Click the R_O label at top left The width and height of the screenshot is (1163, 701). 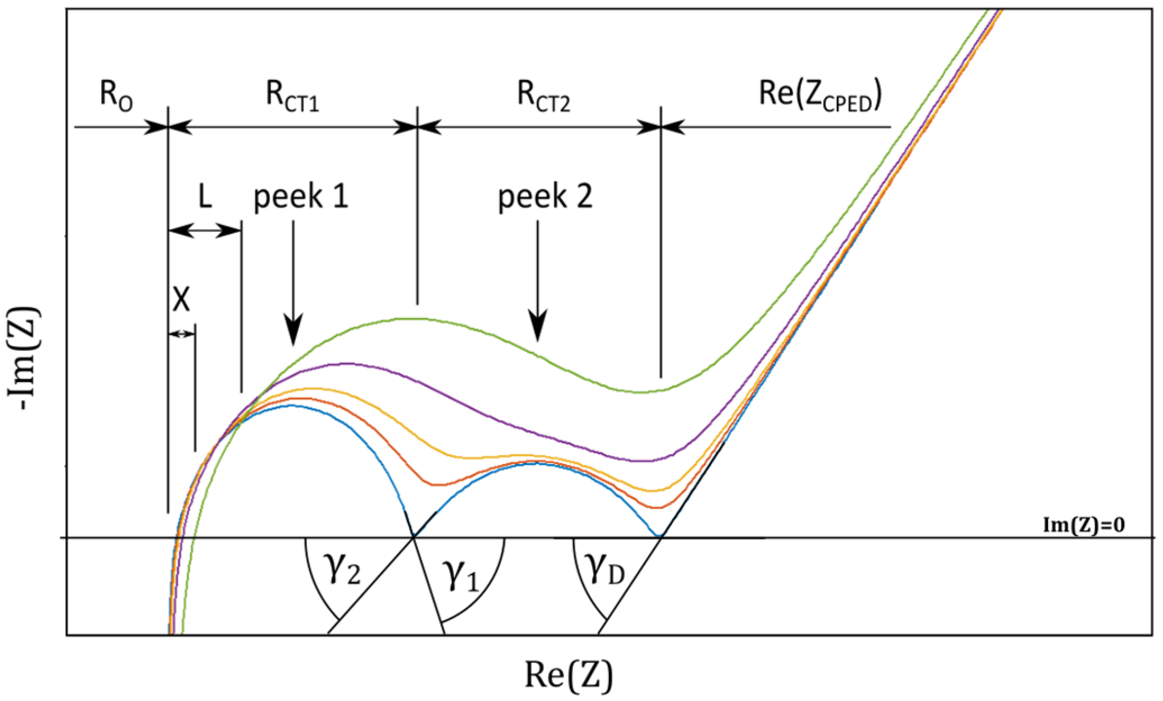[x=116, y=95]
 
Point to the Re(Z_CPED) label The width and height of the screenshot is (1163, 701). [x=820, y=95]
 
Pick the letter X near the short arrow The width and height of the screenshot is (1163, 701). [x=181, y=300]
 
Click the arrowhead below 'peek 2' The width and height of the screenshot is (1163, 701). [x=538, y=328]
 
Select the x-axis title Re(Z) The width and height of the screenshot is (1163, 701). [x=568, y=674]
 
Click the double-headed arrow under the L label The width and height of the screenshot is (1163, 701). [x=205, y=230]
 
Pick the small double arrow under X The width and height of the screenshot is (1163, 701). [x=181, y=334]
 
